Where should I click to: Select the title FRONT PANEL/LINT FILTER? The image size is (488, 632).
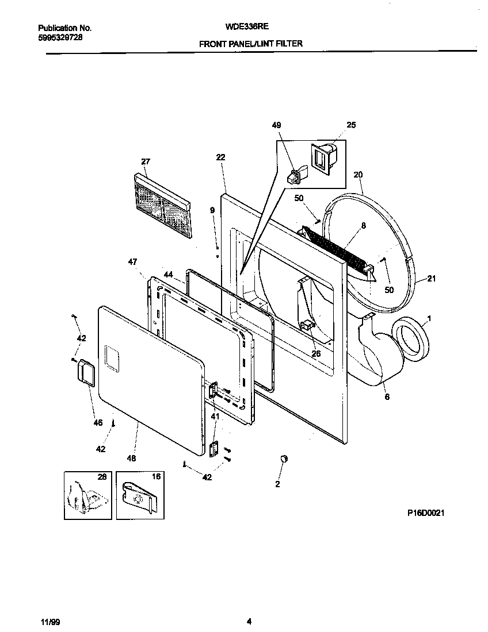click(250, 44)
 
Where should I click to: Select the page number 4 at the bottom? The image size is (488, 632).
click(249, 621)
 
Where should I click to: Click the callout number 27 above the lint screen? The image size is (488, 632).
click(145, 162)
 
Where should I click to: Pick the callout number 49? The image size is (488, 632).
click(276, 125)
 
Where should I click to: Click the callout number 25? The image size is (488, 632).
click(351, 125)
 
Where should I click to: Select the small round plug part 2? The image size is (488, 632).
click(283, 458)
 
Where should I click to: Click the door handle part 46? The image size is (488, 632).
click(84, 371)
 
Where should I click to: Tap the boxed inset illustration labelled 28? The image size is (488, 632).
click(87, 495)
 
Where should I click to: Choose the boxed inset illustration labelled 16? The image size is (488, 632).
click(140, 495)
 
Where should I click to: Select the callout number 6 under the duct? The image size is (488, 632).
click(387, 396)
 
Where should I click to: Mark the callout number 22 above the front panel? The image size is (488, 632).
click(220, 157)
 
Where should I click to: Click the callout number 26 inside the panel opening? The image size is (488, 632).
click(316, 354)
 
